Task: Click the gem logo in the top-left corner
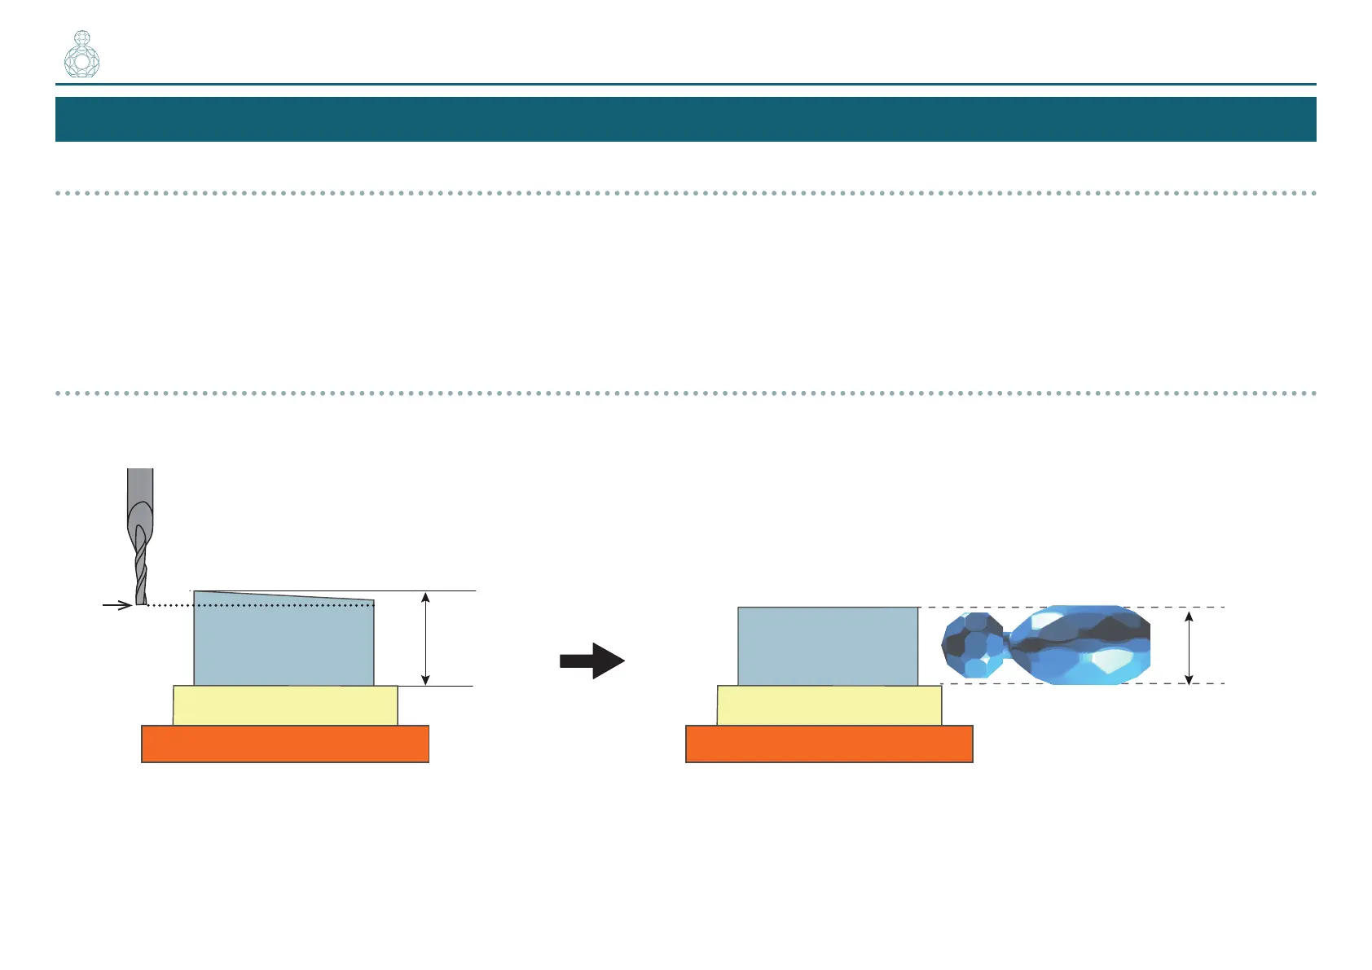(x=81, y=55)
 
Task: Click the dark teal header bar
(x=685, y=119)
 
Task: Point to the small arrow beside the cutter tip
(x=118, y=605)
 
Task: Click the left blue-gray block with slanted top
(x=284, y=643)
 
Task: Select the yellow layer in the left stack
(x=285, y=705)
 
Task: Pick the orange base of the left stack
(x=285, y=744)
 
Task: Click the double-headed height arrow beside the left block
(x=425, y=639)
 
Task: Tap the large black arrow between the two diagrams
(x=592, y=661)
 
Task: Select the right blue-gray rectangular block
(x=828, y=646)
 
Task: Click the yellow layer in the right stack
(x=829, y=705)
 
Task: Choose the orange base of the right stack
(x=829, y=744)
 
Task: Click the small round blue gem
(x=972, y=645)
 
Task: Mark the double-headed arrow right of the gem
(x=1189, y=647)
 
